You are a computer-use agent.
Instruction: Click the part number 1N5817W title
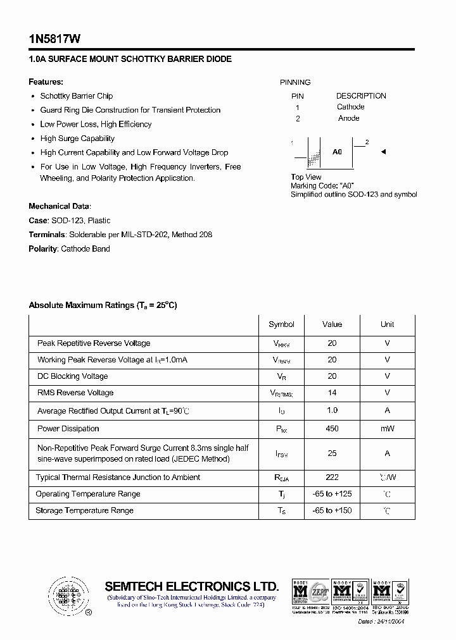click(x=54, y=39)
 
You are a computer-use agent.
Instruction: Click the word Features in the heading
click(x=46, y=82)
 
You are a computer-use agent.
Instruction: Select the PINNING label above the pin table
click(x=295, y=82)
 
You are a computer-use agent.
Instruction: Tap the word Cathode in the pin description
click(x=350, y=107)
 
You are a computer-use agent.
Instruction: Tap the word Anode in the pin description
click(x=348, y=118)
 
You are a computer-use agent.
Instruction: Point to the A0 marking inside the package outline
click(x=337, y=152)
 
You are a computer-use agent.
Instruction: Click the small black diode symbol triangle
click(x=383, y=152)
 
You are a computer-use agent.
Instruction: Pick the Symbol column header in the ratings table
click(x=281, y=324)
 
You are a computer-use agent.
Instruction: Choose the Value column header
click(x=332, y=324)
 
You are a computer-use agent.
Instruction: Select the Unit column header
click(x=387, y=324)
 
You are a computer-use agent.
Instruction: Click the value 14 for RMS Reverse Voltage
click(x=332, y=393)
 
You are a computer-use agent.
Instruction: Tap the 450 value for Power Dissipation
click(x=332, y=429)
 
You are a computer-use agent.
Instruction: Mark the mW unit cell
click(x=387, y=429)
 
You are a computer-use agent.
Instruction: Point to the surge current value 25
click(x=332, y=453)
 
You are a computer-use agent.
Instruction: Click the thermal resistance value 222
click(x=332, y=477)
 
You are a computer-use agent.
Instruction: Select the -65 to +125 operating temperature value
click(x=332, y=494)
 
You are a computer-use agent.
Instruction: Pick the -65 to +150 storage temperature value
click(x=332, y=510)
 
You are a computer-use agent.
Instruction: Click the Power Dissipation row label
click(x=68, y=429)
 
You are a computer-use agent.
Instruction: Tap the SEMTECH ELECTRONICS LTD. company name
click(x=191, y=586)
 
